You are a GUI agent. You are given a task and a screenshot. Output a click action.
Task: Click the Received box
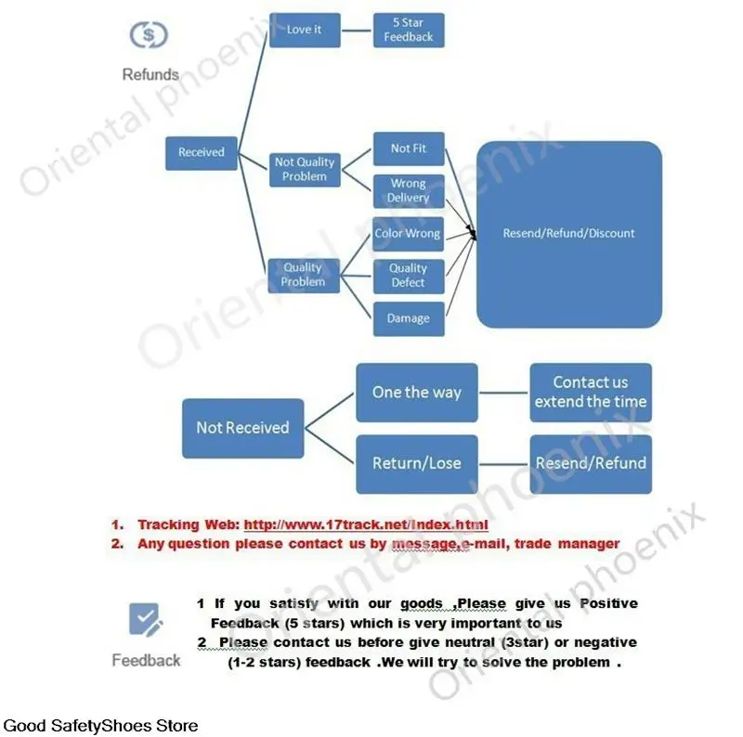202,152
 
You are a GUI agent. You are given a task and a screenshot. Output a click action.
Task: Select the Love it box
304,30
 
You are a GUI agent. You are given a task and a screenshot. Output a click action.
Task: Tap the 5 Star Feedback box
408,30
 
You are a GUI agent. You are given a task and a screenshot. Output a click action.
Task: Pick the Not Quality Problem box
304,169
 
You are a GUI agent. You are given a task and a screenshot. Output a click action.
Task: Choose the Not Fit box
408,149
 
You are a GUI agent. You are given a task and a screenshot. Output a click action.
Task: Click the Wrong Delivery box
408,190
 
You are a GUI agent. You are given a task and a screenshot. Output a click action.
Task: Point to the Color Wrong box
408,234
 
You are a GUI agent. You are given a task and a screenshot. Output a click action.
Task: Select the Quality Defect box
408,276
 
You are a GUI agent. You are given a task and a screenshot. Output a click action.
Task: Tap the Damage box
408,318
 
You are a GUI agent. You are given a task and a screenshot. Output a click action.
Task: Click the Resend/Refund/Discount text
568,234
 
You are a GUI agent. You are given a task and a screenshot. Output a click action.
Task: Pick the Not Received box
242,428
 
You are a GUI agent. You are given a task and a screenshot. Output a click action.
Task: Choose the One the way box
416,393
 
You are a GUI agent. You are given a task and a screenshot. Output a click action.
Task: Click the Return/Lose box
416,463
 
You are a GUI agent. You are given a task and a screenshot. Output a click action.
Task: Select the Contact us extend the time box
591,393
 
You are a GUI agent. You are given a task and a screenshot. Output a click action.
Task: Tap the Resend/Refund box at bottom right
591,463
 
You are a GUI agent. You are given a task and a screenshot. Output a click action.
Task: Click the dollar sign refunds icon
149,36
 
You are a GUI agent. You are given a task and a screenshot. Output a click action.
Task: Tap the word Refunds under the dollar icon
150,74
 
